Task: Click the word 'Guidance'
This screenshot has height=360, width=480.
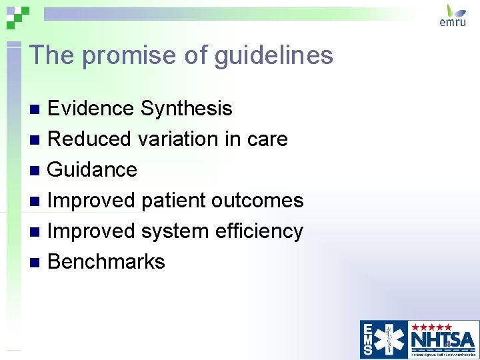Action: point(93,169)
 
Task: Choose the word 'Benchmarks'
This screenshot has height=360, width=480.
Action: point(106,261)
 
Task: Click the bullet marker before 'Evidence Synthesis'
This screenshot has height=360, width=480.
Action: point(37,109)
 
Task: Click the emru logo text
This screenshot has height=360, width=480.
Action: point(453,21)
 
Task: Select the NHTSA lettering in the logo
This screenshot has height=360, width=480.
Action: point(443,339)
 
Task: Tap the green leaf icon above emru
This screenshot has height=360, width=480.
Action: point(456,9)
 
